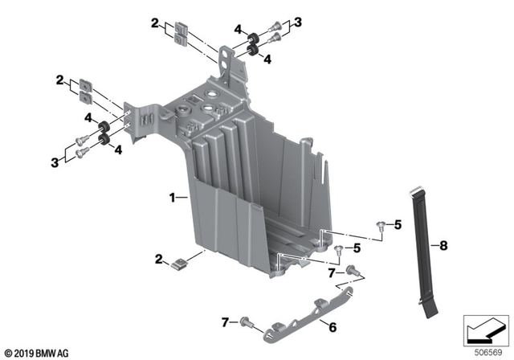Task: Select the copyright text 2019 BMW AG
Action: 37,352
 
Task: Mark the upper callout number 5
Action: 397,226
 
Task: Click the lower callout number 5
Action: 357,248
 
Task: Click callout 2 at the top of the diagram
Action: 155,25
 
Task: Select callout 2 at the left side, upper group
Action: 59,80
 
